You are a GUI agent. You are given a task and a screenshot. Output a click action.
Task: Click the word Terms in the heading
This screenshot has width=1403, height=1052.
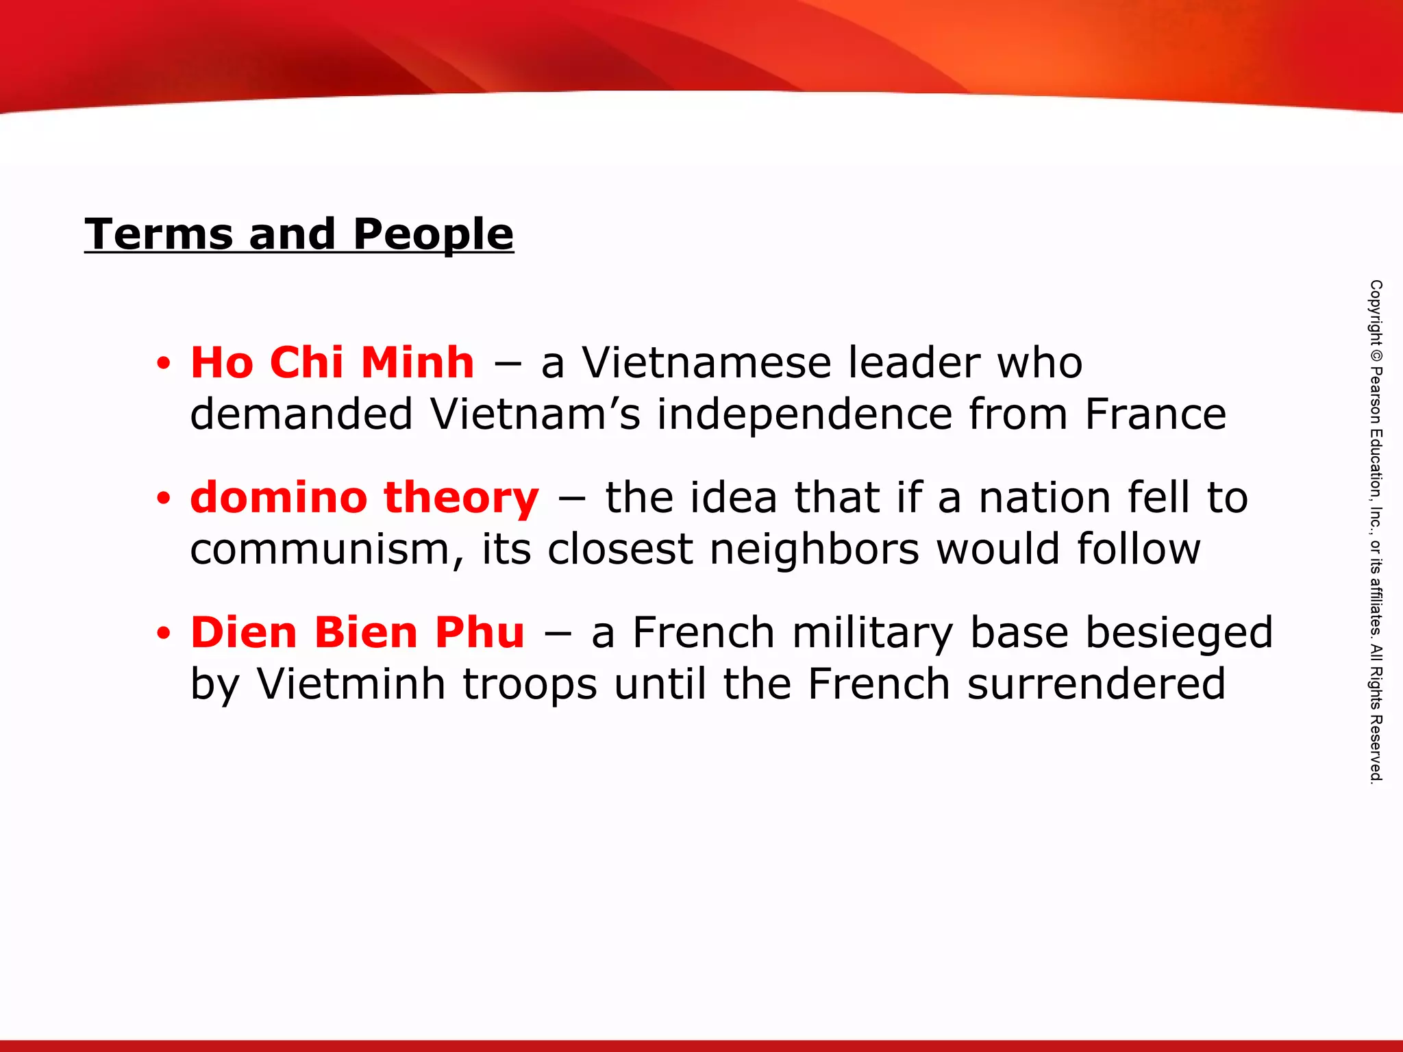(x=158, y=234)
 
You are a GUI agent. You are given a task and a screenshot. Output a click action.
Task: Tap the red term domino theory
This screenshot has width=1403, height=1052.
(x=364, y=497)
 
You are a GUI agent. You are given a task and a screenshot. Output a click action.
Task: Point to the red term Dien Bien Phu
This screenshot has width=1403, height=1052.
(x=358, y=631)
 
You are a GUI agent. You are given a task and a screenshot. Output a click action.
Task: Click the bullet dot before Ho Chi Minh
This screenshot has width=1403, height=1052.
(x=163, y=364)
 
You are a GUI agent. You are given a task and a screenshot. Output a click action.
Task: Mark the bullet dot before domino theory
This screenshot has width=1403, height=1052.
(x=163, y=499)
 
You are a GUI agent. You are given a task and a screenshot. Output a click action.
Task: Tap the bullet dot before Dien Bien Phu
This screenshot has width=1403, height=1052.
(x=163, y=634)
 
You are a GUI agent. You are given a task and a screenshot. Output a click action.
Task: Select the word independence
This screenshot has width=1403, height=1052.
(x=804, y=414)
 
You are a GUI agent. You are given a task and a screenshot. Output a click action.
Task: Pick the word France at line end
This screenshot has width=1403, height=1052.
(x=1155, y=414)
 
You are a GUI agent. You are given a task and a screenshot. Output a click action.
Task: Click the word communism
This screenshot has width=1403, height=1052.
(x=326, y=550)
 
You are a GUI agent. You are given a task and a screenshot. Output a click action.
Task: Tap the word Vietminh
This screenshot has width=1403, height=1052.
(x=351, y=684)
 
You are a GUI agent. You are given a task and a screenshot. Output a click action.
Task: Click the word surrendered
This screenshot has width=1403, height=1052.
(x=1096, y=684)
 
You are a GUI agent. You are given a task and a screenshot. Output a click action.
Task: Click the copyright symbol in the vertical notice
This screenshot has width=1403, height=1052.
(x=1376, y=356)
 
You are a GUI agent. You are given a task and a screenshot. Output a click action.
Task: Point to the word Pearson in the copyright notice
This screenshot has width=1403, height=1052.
(x=1376, y=395)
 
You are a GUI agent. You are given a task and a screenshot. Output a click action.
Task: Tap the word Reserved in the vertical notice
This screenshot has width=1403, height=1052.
(x=1376, y=749)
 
